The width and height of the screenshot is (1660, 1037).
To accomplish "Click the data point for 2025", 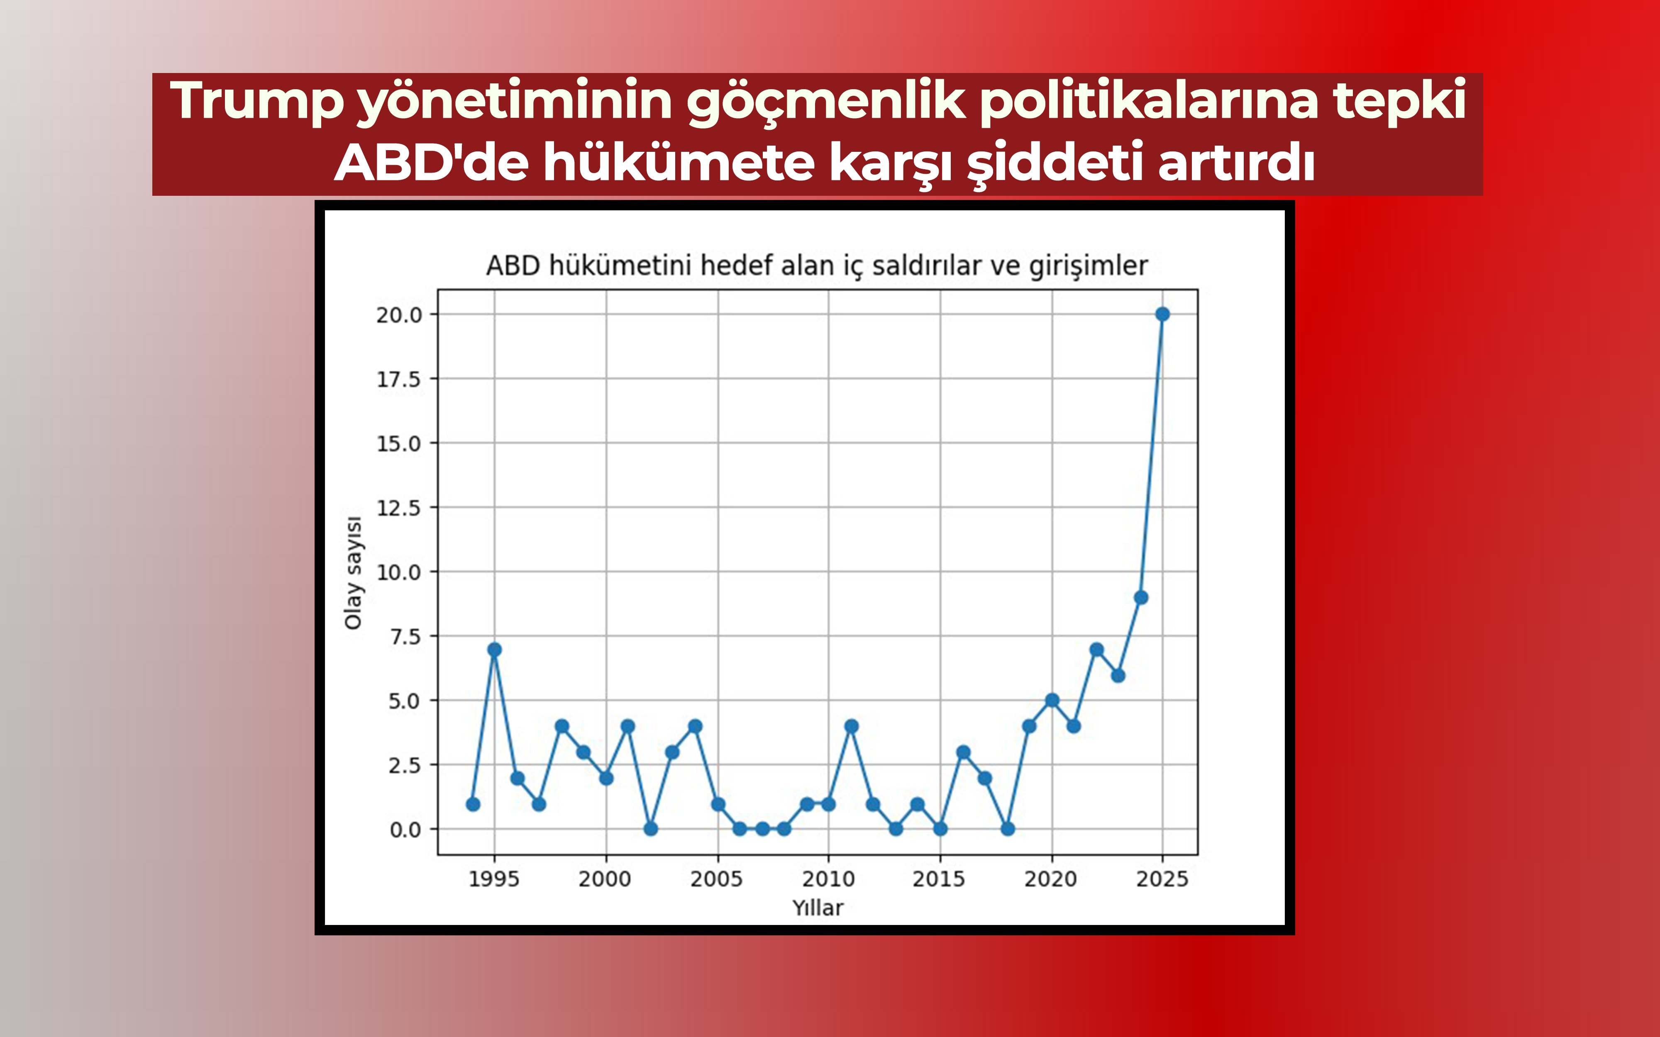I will tap(1162, 314).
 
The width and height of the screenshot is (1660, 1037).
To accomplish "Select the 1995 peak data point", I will tap(494, 650).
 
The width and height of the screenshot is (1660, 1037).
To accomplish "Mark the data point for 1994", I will tap(473, 804).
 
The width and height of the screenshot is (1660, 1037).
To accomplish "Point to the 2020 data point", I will tap(1052, 700).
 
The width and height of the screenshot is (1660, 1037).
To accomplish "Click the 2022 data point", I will tap(1096, 650).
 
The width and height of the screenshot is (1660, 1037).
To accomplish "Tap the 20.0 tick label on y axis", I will tap(398, 315).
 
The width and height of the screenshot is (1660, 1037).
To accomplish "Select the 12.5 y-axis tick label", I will tap(398, 508).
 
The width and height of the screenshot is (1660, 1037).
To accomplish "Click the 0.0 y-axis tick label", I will tap(405, 830).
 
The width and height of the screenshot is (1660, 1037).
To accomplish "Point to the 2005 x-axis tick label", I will tap(716, 879).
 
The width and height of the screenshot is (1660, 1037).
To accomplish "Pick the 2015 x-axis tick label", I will tap(938, 879).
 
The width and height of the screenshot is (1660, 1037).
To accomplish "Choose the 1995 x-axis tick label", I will tap(493, 879).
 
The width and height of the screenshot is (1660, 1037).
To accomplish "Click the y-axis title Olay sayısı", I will tap(353, 573).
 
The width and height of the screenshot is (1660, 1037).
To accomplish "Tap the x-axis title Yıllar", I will tap(818, 908).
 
